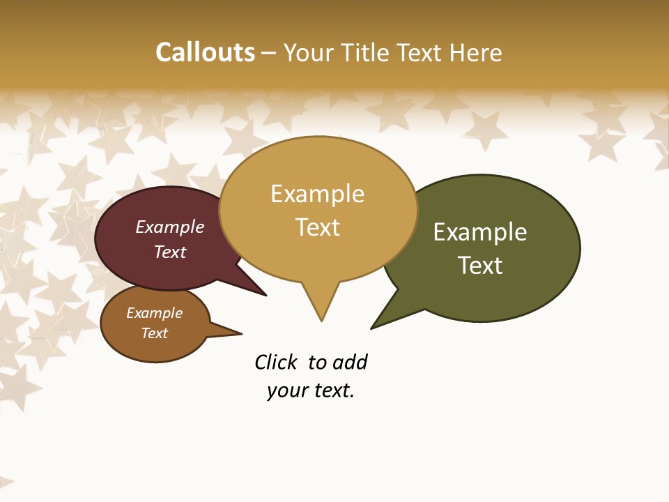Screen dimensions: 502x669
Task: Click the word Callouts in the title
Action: click(x=205, y=52)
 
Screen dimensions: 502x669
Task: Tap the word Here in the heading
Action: click(x=476, y=52)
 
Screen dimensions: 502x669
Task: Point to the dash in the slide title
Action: click(x=268, y=53)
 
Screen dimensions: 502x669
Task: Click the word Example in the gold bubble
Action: click(x=317, y=194)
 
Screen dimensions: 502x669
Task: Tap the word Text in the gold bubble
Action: click(x=317, y=227)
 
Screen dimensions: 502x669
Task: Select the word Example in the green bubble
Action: click(x=480, y=232)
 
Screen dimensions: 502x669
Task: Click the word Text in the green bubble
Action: click(x=480, y=266)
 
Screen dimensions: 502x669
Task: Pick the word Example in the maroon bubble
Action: click(x=170, y=227)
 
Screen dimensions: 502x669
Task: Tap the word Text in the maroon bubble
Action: click(x=170, y=252)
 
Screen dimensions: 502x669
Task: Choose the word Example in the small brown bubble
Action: click(x=154, y=313)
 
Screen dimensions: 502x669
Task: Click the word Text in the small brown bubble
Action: click(x=154, y=333)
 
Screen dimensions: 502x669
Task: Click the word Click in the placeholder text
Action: click(x=276, y=362)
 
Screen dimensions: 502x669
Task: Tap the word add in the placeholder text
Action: click(x=350, y=362)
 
